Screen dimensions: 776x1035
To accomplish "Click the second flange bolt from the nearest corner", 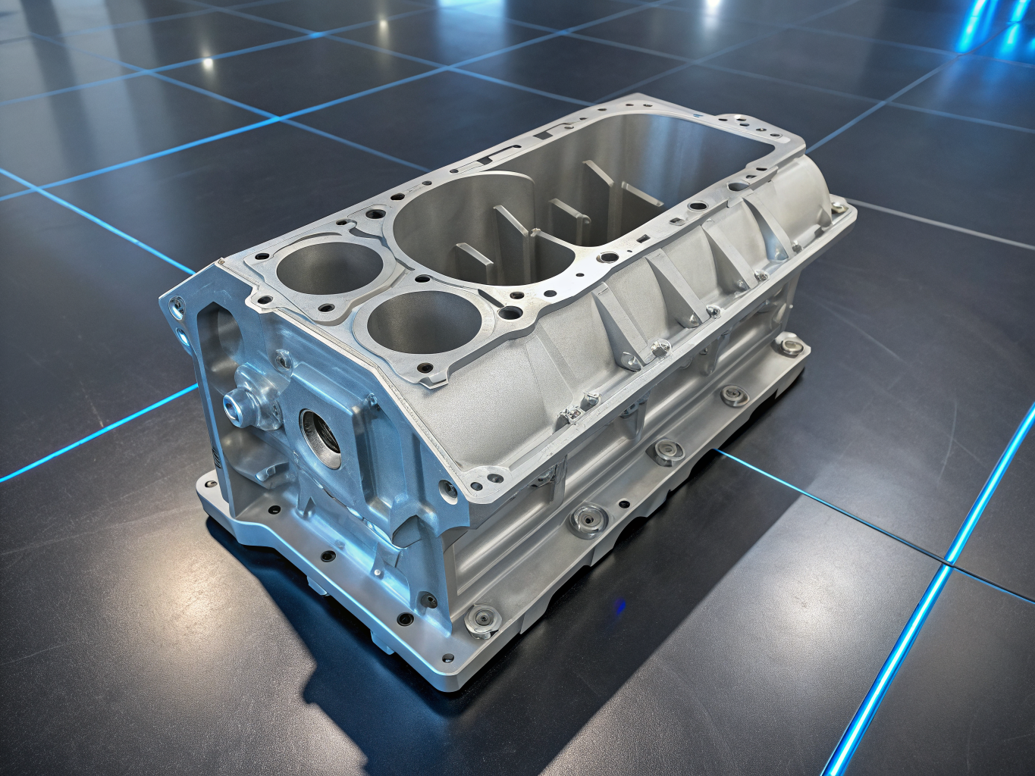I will click(x=587, y=519).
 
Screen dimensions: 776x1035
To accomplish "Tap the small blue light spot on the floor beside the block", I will click(x=621, y=604).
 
